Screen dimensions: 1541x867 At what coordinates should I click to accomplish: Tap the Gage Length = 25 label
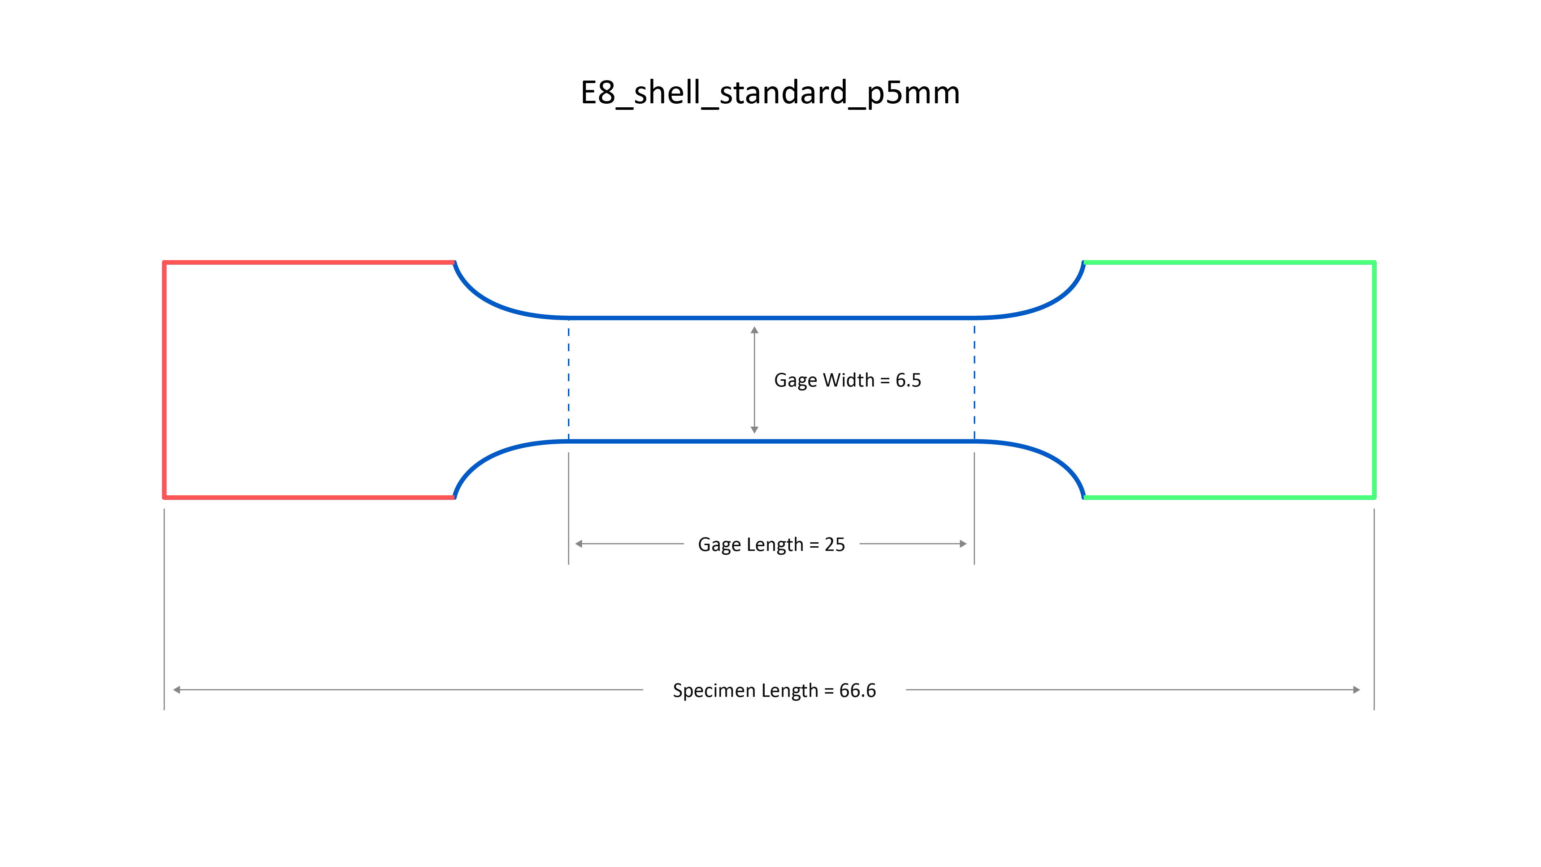pos(771,544)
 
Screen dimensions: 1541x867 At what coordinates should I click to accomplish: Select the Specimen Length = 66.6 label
pos(774,690)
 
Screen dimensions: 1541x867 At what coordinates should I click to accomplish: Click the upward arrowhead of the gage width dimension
pos(754,330)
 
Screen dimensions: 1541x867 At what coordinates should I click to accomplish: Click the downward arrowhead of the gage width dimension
pos(754,430)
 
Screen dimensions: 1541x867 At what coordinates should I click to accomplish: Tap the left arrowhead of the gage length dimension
pos(578,544)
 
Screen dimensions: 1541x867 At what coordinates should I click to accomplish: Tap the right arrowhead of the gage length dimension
pos(963,544)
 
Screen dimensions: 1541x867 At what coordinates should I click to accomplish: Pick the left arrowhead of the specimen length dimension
pos(177,690)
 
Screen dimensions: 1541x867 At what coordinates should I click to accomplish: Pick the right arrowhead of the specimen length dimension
pos(1357,690)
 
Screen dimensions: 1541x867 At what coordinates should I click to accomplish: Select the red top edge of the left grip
pos(309,262)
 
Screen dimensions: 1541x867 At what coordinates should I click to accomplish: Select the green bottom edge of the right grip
pos(1229,497)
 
